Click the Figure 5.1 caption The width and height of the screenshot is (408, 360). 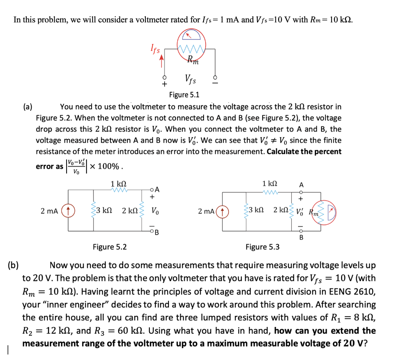pyautogui.click(x=184, y=95)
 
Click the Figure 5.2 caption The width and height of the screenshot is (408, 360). pyautogui.click(x=110, y=247)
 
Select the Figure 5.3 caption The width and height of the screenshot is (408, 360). pyautogui.click(x=262, y=247)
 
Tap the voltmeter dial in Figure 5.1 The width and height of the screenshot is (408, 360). pyautogui.click(x=191, y=35)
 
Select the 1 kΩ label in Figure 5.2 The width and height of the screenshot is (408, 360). pyautogui.click(x=119, y=184)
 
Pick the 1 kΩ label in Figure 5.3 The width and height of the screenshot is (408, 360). pyautogui.click(x=270, y=184)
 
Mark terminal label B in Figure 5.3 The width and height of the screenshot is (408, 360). pyautogui.click(x=301, y=238)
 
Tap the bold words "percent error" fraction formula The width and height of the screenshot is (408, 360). pyautogui.click(x=75, y=166)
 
